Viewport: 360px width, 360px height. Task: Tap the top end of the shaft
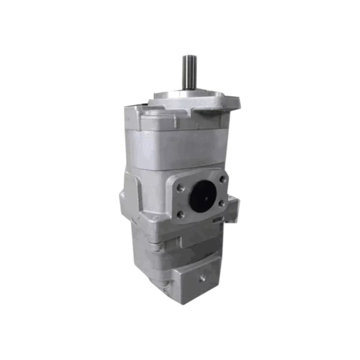(189, 57)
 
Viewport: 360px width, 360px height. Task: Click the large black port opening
(202, 196)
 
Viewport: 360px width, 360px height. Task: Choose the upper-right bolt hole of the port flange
(222, 179)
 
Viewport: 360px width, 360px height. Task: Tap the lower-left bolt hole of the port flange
(181, 215)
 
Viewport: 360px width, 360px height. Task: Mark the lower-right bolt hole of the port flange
(221, 203)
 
